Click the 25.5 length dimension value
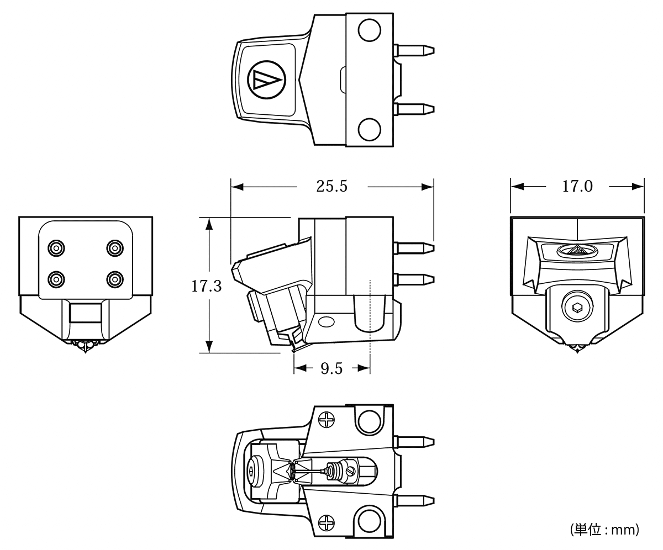click(332, 186)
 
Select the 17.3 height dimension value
click(207, 286)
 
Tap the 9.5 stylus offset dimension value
click(331, 368)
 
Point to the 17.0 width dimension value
click(577, 186)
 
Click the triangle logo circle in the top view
click(267, 80)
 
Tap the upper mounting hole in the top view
click(369, 30)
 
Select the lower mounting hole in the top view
click(369, 129)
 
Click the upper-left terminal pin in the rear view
click(56, 248)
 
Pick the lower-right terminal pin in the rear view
click(115, 279)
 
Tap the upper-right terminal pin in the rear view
click(115, 248)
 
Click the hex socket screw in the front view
click(577, 306)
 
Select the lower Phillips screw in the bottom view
click(326, 522)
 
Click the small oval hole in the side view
click(326, 322)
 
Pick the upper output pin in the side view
click(414, 248)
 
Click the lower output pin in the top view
click(414, 109)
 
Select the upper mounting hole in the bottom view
click(369, 422)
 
